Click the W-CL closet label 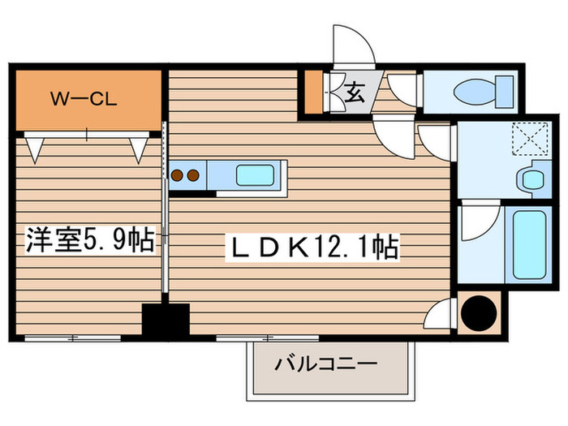click(x=85, y=101)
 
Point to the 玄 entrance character click(x=355, y=91)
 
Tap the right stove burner click(x=193, y=174)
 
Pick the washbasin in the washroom click(x=531, y=179)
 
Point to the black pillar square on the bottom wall click(x=166, y=319)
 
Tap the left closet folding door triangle click(x=36, y=147)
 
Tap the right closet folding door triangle click(x=139, y=147)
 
